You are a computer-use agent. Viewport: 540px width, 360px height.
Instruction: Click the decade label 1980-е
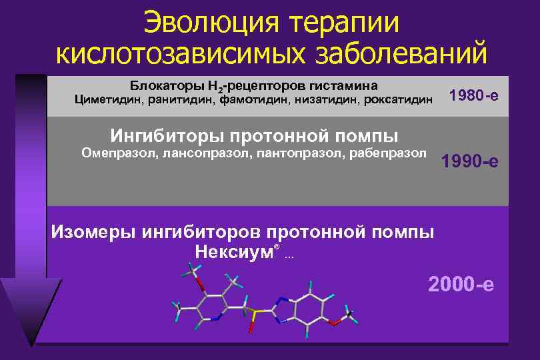click(x=473, y=96)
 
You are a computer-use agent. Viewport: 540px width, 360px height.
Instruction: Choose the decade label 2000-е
click(x=461, y=285)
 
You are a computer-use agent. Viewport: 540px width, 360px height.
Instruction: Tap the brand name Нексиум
click(x=234, y=251)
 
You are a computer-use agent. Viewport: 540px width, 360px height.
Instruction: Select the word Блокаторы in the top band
click(x=161, y=86)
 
